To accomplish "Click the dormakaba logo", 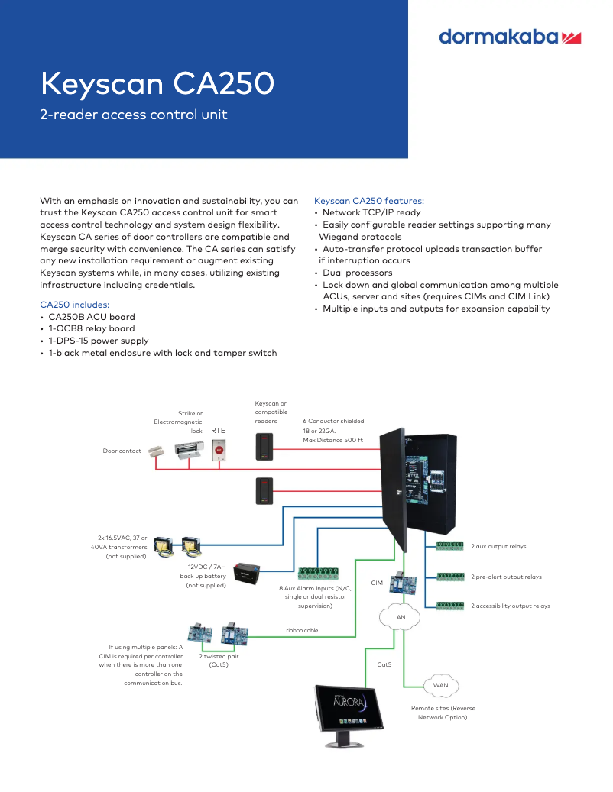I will (510, 37).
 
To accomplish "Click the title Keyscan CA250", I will (157, 83).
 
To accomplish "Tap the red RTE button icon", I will (218, 451).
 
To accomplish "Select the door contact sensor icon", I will (158, 451).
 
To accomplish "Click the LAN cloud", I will (398, 616).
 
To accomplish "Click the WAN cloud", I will (440, 685).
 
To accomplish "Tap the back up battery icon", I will (248, 573).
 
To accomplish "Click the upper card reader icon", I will (264, 446).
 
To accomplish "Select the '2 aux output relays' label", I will (498, 547).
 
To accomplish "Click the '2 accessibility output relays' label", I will (510, 606).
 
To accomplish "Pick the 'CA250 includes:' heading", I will (75, 305).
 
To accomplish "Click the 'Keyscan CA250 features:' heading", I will (369, 201).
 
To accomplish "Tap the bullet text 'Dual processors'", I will (357, 273).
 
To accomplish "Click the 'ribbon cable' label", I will (302, 630).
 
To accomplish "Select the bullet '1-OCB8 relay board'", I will (91, 329).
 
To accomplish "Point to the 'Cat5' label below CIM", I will (384, 664).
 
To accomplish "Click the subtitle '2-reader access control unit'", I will (134, 115).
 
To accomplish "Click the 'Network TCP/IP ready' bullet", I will (371, 213).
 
